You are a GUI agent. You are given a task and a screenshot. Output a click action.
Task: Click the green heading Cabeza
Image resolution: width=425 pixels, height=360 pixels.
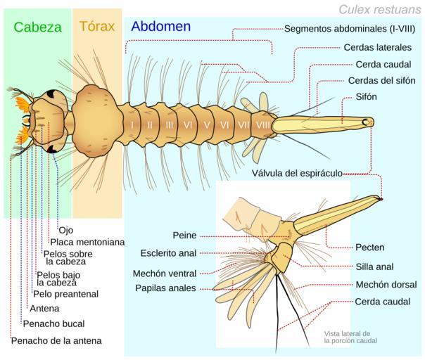point(38,27)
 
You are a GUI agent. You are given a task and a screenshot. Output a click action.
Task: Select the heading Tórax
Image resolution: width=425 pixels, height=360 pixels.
point(97,26)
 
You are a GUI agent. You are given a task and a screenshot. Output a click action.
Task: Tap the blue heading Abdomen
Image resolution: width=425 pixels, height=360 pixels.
point(161,26)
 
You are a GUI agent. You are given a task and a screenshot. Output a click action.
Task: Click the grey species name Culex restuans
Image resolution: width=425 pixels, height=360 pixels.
point(380,9)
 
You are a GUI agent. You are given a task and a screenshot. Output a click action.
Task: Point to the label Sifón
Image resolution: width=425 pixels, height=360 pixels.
point(366,97)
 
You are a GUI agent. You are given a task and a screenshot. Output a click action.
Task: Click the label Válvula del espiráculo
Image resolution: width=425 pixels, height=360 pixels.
point(298,173)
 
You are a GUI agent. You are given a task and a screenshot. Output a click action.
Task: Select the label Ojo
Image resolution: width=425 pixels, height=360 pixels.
point(66,230)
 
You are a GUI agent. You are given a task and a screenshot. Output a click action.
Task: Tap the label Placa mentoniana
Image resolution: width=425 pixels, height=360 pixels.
point(87,242)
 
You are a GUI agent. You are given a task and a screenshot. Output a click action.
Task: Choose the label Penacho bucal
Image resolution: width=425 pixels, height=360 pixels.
point(53,323)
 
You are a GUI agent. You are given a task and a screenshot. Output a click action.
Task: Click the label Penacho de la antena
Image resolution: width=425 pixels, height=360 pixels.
point(56,340)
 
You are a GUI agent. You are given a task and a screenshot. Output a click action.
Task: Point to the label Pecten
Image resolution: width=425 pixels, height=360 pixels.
point(369,247)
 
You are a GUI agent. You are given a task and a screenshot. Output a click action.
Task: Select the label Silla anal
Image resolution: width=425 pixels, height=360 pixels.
point(374,266)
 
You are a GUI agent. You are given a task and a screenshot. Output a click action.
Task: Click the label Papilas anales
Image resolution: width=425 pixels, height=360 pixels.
point(165,288)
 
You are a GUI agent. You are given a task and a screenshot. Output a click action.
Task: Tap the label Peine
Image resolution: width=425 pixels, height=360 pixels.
point(184,235)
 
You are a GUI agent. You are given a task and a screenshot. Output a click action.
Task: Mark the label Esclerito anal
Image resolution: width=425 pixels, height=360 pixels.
point(168,253)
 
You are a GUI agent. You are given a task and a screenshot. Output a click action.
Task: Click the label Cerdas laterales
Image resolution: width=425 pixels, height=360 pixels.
point(378,47)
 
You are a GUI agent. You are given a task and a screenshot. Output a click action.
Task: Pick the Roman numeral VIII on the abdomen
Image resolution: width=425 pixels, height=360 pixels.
point(263,125)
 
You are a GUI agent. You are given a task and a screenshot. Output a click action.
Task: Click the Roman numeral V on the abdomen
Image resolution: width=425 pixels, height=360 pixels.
point(207,125)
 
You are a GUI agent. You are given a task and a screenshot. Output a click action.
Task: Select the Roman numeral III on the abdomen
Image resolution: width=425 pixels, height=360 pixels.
point(170,125)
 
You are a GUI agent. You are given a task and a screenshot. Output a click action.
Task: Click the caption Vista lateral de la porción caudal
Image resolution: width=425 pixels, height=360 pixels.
point(350,337)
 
